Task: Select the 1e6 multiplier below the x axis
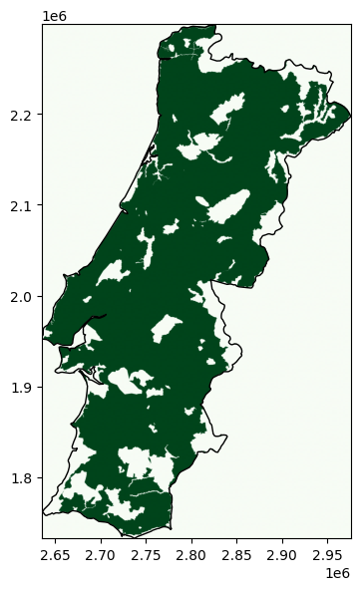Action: (x=339, y=575)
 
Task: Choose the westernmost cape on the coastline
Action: (x=43, y=339)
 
